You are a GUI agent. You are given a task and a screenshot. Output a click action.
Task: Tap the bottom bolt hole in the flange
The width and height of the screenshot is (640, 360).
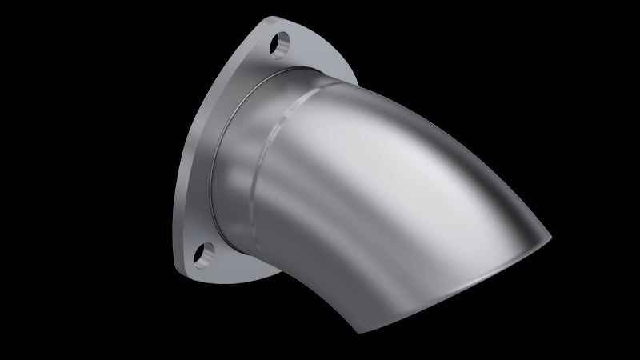(x=206, y=254)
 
